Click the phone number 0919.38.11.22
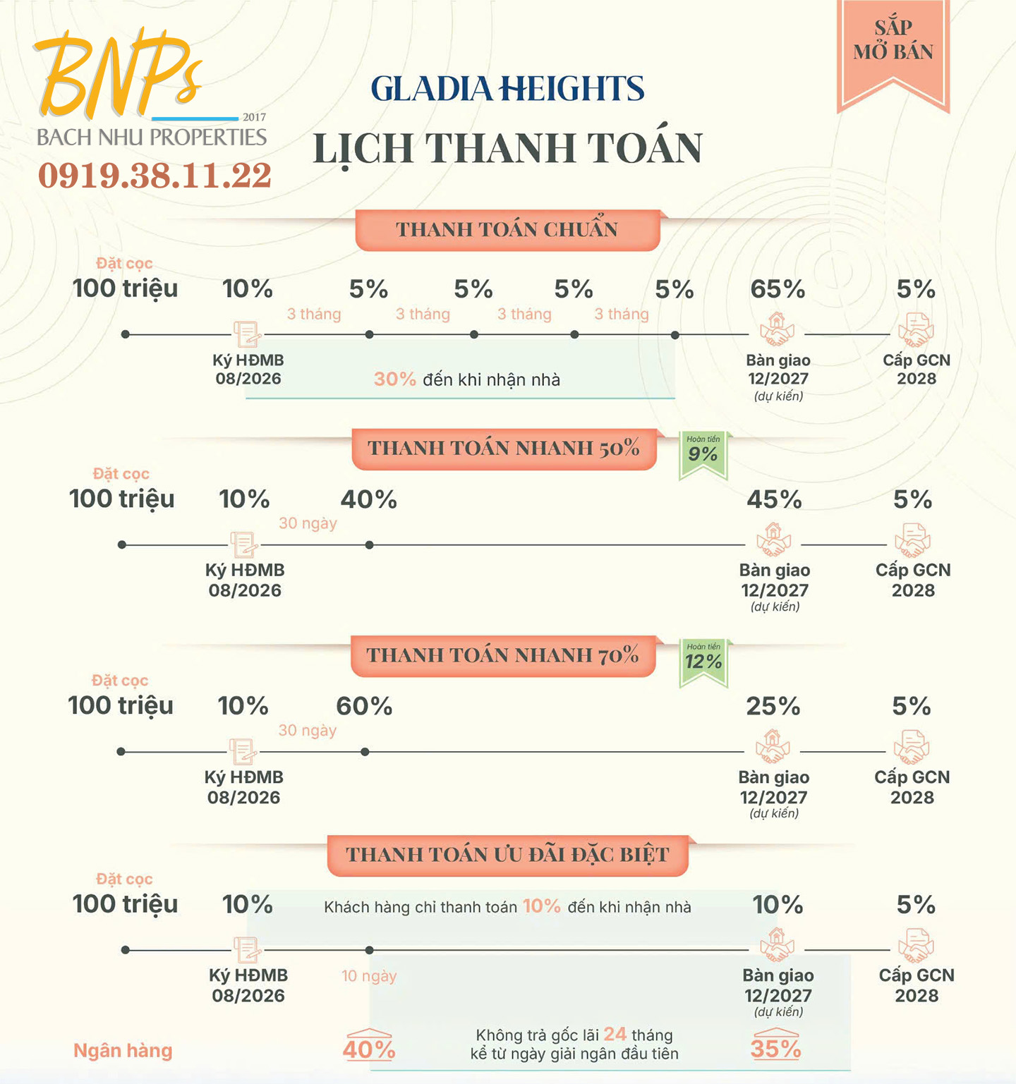pos(155,175)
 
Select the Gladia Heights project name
pos(507,89)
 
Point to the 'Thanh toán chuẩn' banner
pos(507,230)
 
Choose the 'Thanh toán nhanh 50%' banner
pos(504,449)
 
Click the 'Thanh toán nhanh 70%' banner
pos(503,656)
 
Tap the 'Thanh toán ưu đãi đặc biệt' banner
pos(507,855)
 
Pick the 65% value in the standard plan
pos(778,289)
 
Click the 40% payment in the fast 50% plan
pos(368,500)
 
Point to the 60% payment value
pos(364,707)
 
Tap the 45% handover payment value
pos(774,500)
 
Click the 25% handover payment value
pos(773,707)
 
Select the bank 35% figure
pos(776,1047)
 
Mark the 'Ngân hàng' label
pos(123,1051)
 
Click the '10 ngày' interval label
pos(369,976)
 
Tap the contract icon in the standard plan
pos(248,334)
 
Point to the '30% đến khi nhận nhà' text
pos(467,379)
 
